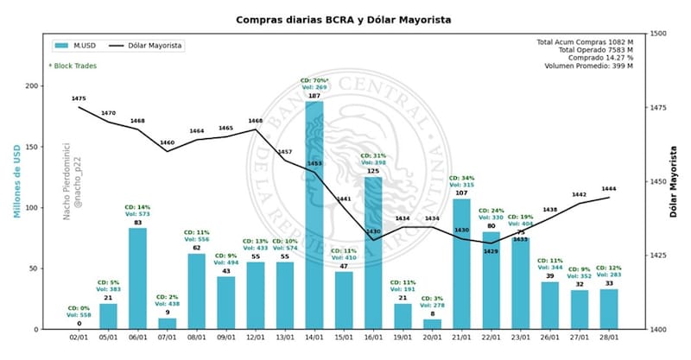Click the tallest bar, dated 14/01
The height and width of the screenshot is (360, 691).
tap(314, 216)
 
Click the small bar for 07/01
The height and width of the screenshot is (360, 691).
tap(167, 324)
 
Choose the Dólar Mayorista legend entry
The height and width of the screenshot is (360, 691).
tap(152, 45)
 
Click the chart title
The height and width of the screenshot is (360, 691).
tap(344, 18)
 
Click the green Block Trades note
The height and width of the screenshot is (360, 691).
tap(73, 65)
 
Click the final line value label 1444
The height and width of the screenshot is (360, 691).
tap(608, 188)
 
